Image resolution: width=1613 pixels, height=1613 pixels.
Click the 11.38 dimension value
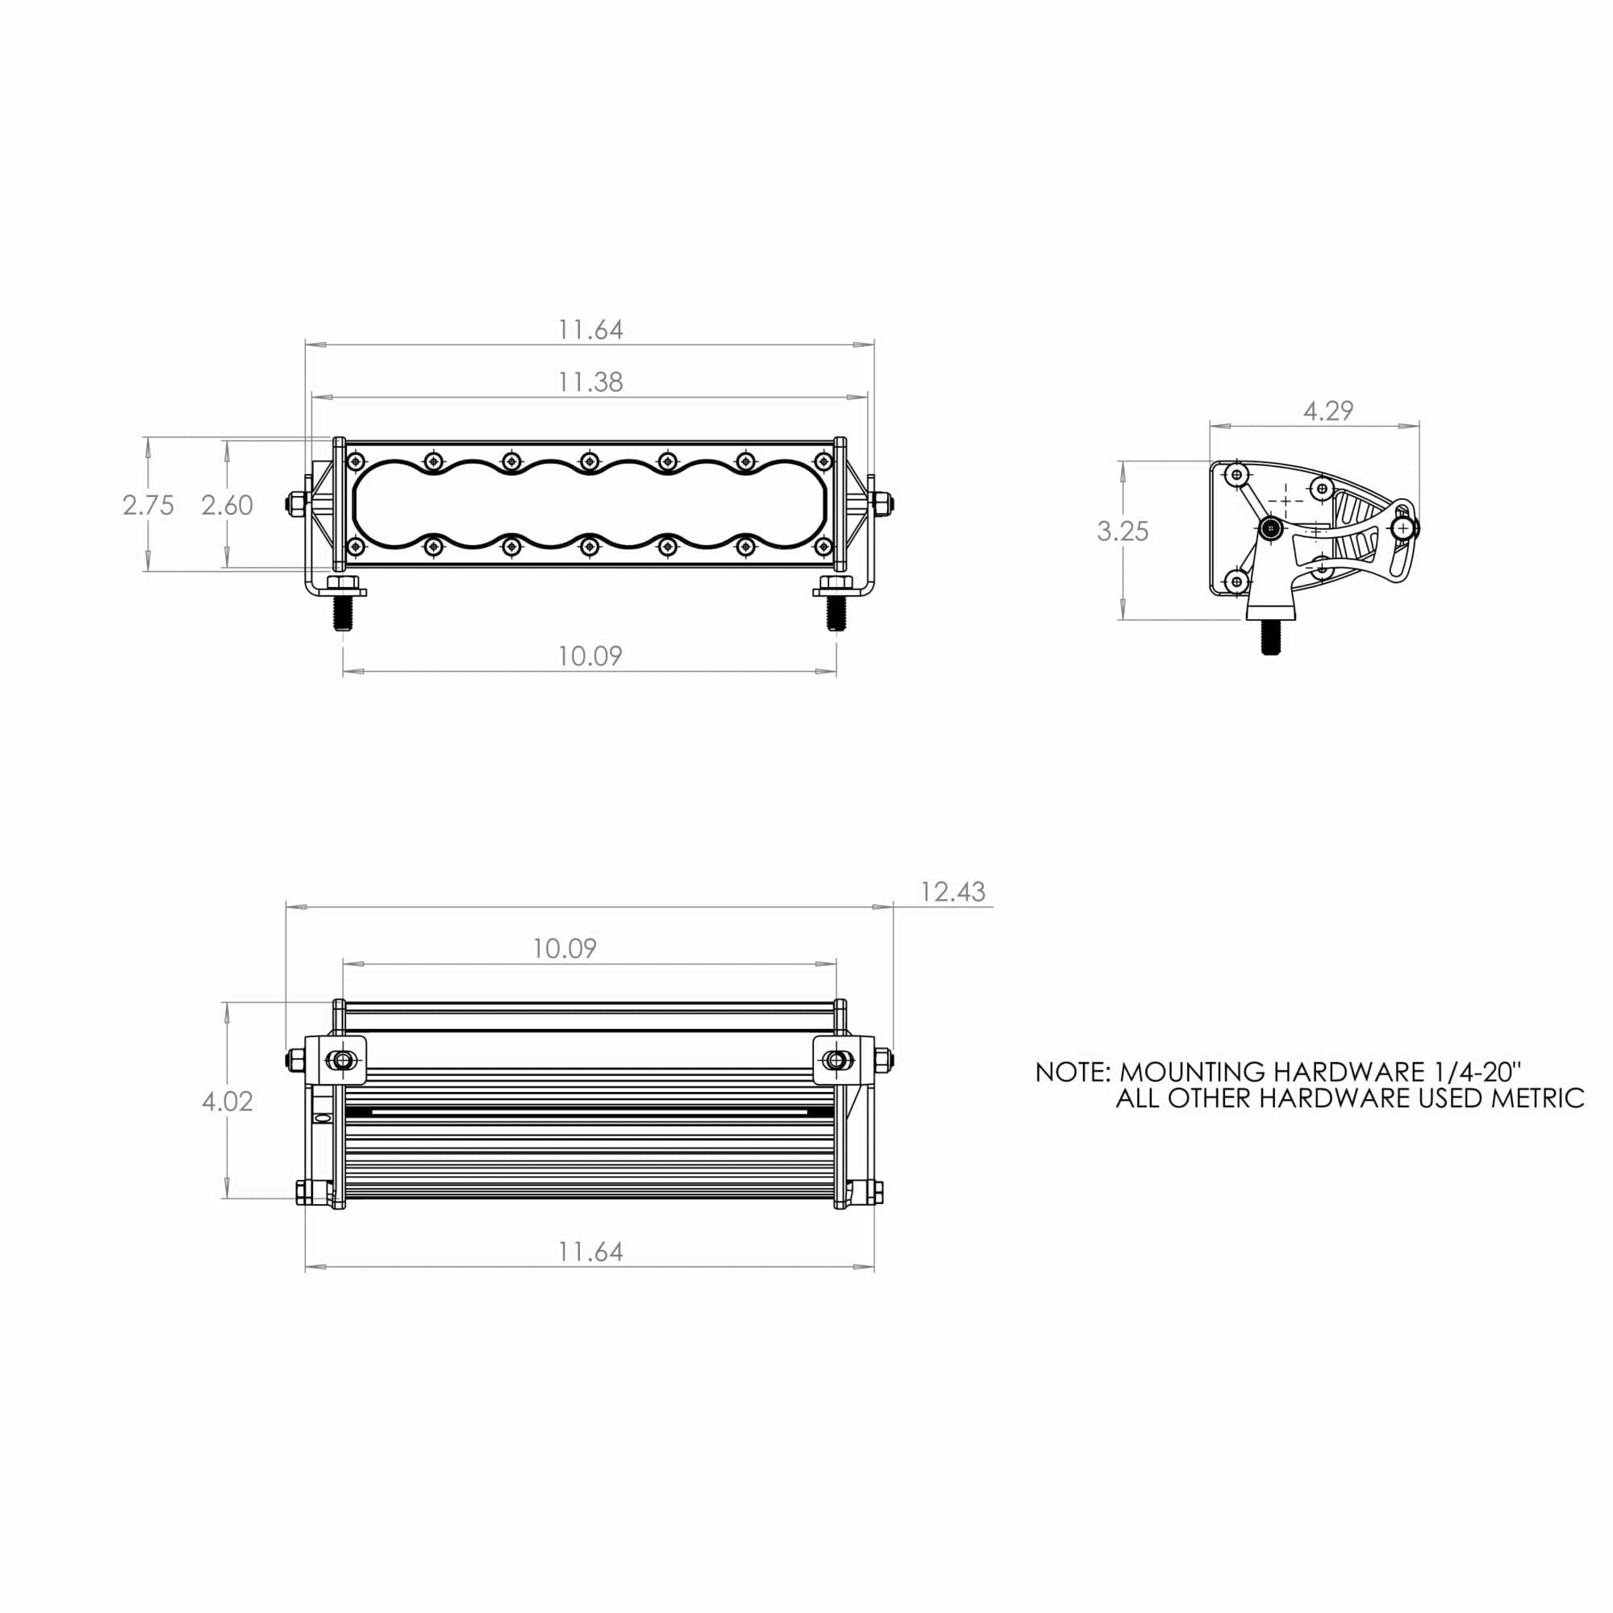tap(590, 382)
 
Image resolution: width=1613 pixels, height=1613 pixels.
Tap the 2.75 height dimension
tap(148, 505)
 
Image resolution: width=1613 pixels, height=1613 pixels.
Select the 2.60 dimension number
tap(227, 505)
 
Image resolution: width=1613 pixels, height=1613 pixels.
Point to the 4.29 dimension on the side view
tap(1327, 411)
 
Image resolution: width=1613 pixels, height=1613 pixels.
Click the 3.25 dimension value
tap(1123, 531)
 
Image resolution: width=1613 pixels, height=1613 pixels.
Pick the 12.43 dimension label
tap(952, 892)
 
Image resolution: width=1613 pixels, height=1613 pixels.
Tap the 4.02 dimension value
tap(227, 1101)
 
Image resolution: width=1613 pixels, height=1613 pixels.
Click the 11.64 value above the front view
tap(590, 330)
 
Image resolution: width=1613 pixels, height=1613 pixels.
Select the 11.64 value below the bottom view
tap(590, 1252)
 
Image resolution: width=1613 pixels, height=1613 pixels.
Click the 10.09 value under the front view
tap(590, 656)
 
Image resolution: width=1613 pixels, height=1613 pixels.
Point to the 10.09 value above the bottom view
tap(565, 948)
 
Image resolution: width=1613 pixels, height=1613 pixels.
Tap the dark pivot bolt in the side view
tap(1272, 527)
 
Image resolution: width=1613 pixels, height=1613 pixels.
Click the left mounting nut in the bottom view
tap(340, 1061)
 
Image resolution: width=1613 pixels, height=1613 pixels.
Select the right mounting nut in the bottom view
tap(834, 1061)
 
